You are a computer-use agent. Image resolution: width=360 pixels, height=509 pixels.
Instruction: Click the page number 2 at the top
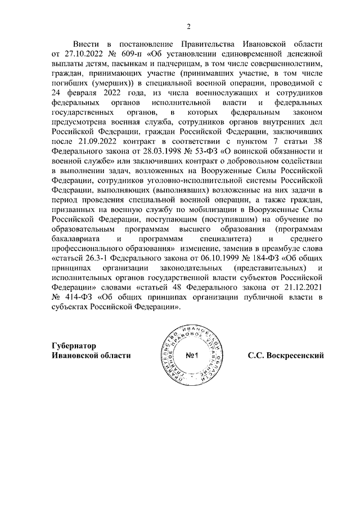click(189, 25)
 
